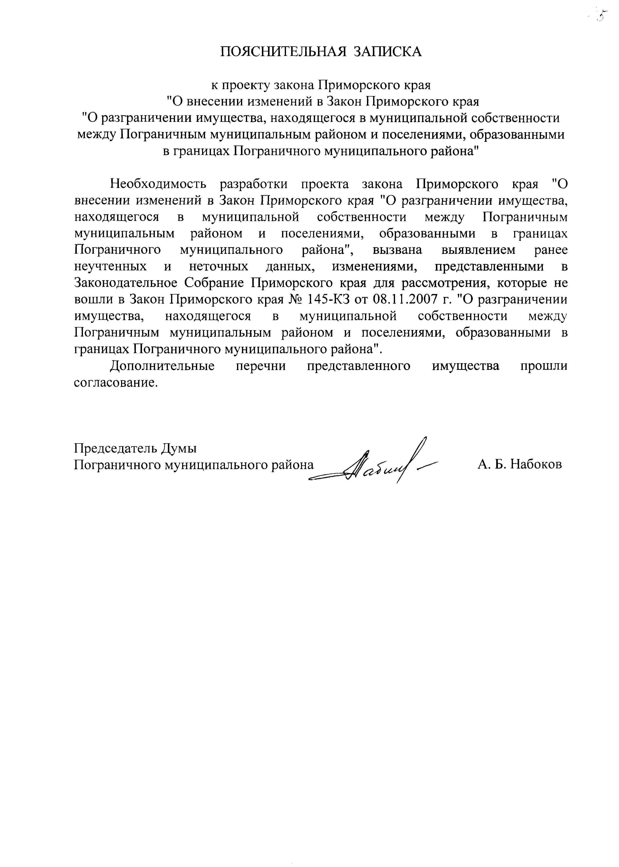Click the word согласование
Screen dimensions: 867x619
tap(115, 382)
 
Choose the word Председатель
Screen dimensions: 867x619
tap(115, 448)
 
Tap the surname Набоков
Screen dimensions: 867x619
tap(536, 464)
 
